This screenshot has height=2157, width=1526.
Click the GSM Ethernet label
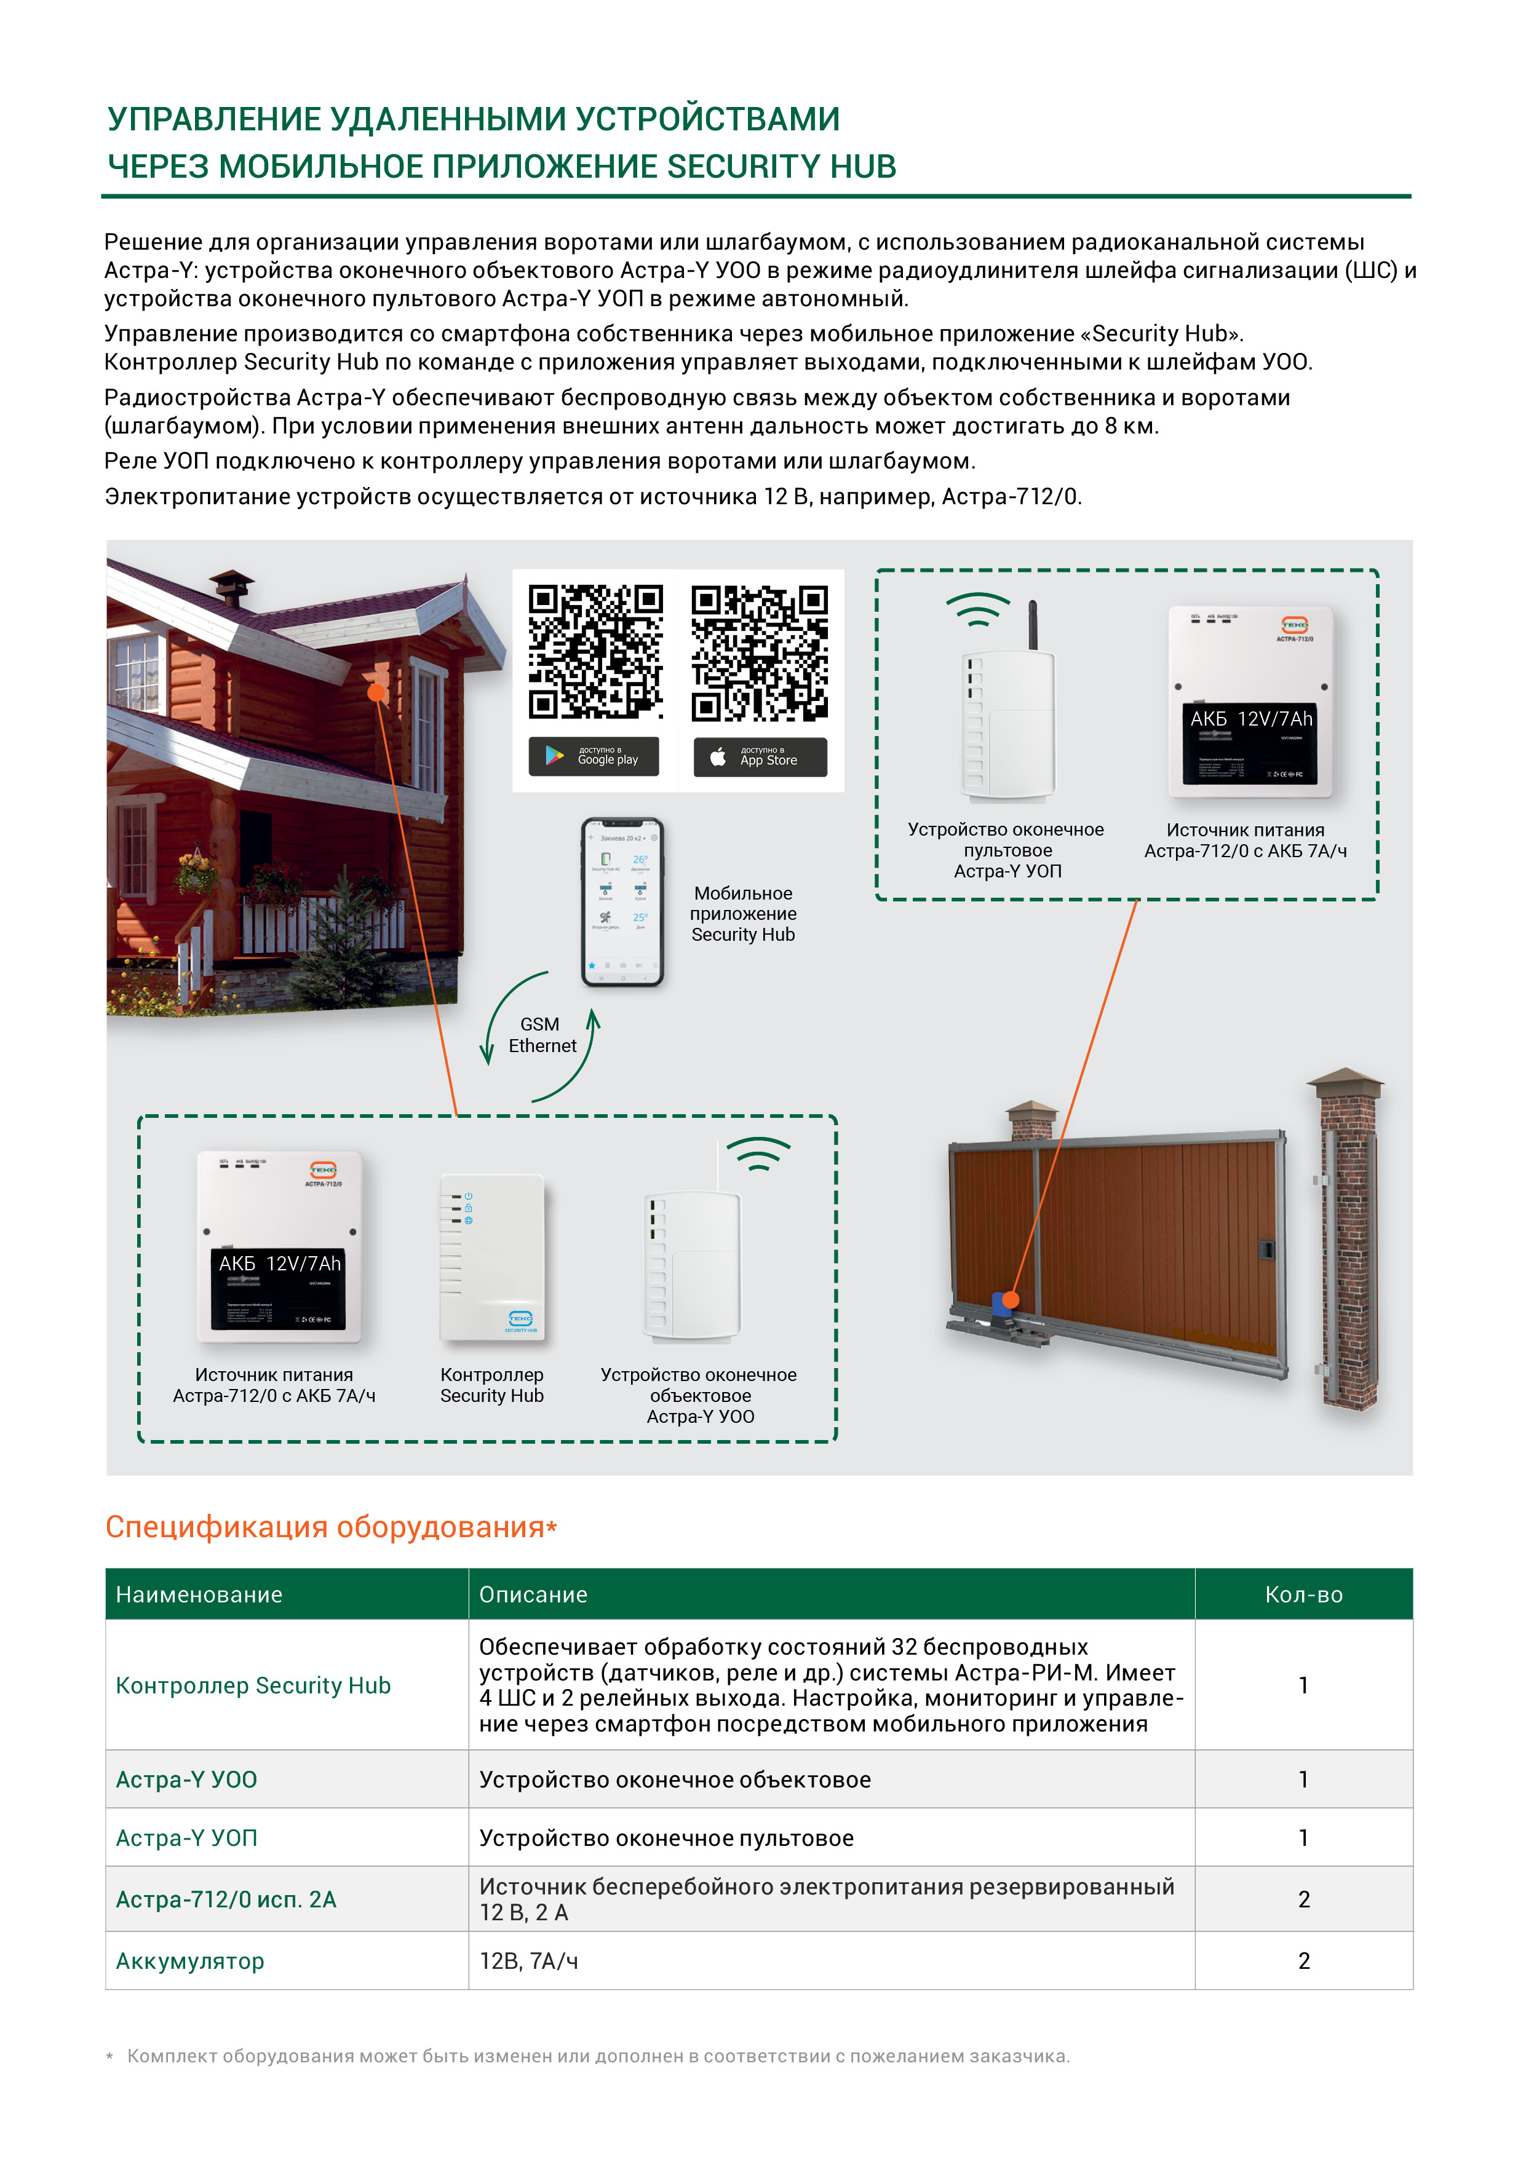[x=541, y=1035]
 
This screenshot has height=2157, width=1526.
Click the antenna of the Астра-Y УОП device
[x=1033, y=624]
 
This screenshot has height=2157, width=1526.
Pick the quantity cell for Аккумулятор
[x=1303, y=1961]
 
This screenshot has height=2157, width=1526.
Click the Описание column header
[x=533, y=1594]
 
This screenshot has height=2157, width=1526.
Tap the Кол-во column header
[x=1303, y=1594]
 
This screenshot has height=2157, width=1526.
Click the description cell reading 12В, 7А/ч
[x=528, y=1961]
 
